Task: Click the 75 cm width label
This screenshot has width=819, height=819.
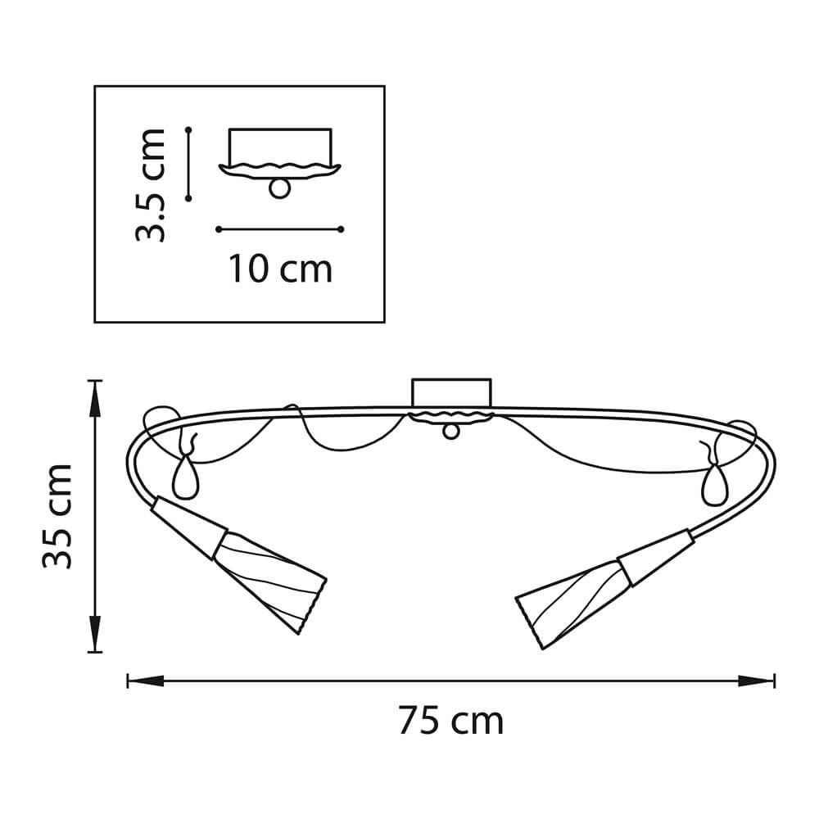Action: (x=450, y=721)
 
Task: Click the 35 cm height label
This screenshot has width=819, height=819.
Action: (x=57, y=516)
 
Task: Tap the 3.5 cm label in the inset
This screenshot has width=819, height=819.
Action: (x=151, y=185)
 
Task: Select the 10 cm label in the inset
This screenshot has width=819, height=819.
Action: (x=280, y=269)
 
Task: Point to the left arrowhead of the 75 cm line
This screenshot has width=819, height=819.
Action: (x=146, y=681)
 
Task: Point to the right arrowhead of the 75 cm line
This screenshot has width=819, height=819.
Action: (x=756, y=681)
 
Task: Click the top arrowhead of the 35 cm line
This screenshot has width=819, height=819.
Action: (x=94, y=399)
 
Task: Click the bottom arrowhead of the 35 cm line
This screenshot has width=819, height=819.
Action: (x=94, y=634)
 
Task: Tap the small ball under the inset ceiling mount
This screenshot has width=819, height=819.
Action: (x=279, y=188)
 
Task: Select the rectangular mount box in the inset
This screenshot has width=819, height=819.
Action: (x=280, y=147)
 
